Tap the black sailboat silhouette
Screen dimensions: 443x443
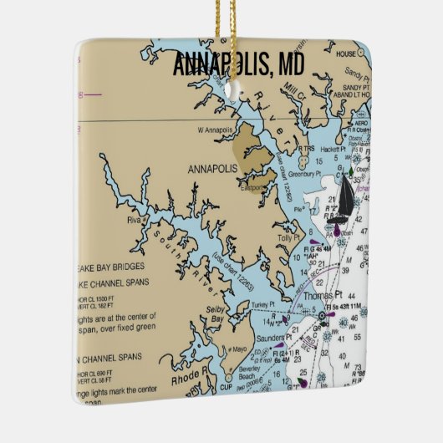point(344,200)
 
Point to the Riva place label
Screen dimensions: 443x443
point(133,221)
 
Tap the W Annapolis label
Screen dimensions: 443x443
point(213,130)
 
